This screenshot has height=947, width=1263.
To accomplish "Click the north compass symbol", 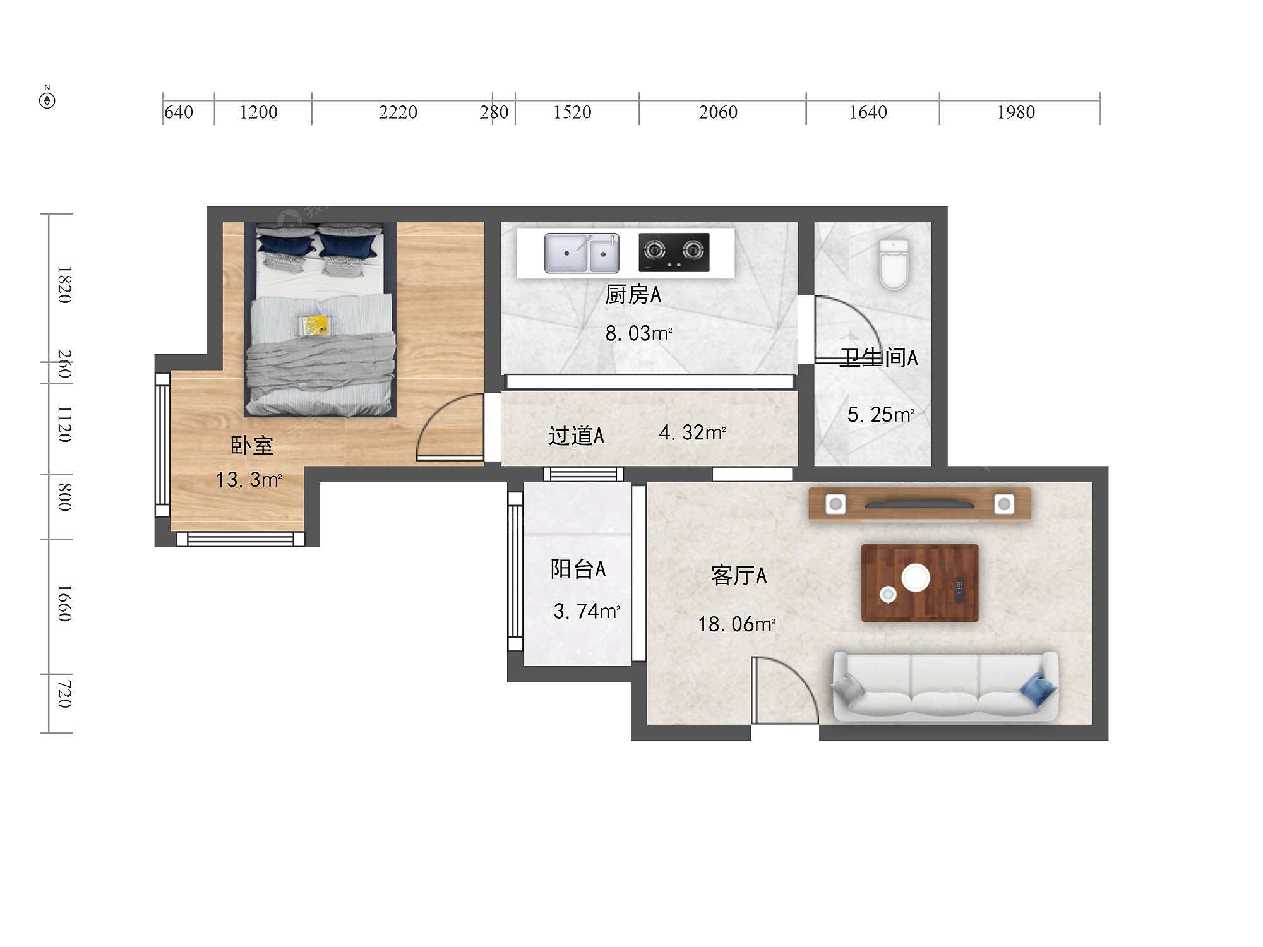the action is [47, 98].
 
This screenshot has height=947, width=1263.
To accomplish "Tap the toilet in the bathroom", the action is [894, 264].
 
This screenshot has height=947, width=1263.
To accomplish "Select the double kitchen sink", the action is [582, 253].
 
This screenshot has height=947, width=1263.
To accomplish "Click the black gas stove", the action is [674, 252].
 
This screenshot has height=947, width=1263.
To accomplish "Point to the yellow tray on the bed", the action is [314, 326].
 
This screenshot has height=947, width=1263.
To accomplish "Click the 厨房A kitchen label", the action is [633, 295].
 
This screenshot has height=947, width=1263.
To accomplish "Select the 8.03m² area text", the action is [638, 333].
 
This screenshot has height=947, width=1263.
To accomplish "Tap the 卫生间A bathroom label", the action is [878, 357].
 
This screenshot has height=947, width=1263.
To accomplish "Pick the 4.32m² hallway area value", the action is [692, 432].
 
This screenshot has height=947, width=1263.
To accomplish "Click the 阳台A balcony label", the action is [578, 569].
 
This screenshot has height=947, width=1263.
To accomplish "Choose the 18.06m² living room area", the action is [736, 624].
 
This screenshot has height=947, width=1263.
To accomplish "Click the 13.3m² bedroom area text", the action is [249, 480].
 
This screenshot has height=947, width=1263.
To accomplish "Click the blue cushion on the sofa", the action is [1038, 690].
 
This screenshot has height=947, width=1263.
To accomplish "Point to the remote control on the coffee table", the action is [959, 590].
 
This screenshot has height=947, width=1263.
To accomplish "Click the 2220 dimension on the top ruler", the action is [398, 112].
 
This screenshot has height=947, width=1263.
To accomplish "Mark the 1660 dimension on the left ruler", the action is [64, 604].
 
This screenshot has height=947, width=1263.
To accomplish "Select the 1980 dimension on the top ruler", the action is [1016, 112].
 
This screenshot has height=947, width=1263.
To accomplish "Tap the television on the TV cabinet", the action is [919, 504].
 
